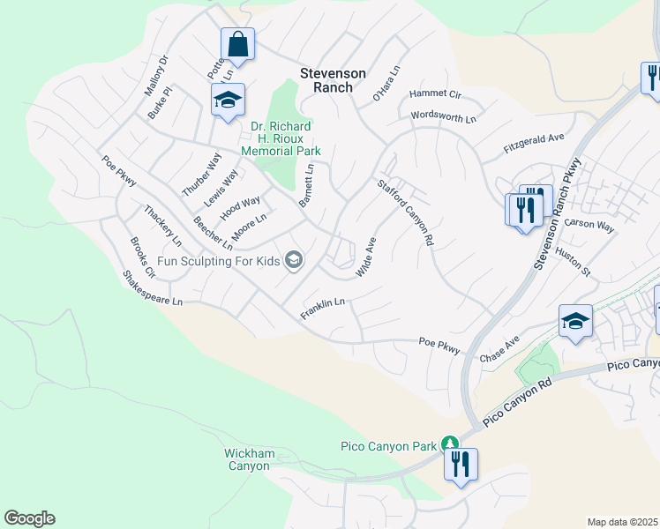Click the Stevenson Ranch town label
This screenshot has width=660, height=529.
click(333, 80)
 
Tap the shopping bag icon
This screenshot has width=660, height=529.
click(237, 43)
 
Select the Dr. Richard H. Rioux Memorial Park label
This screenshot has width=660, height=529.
click(284, 138)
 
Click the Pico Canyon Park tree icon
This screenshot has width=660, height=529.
click(449, 444)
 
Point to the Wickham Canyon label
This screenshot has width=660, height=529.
click(249, 459)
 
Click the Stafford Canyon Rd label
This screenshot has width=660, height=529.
click(406, 212)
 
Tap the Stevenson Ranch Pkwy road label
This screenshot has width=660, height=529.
click(557, 214)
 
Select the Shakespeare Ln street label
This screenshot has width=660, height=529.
click(153, 289)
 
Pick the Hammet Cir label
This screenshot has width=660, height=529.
click(436, 94)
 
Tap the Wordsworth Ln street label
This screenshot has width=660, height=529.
click(443, 116)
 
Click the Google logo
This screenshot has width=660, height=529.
click(29, 518)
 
